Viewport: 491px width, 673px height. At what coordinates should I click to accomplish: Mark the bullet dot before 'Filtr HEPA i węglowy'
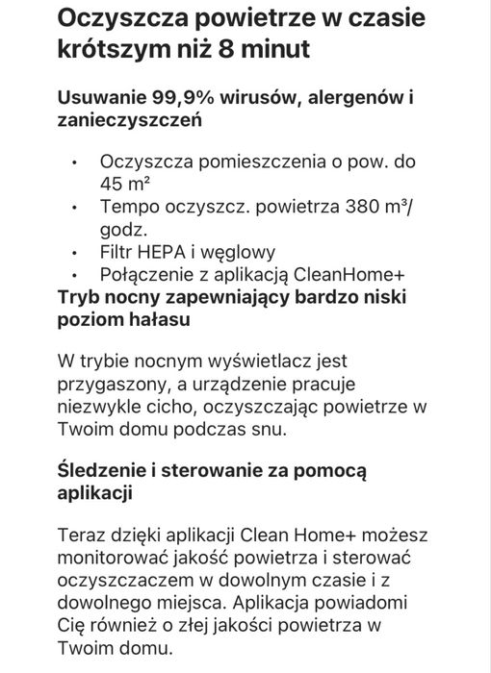point(73,252)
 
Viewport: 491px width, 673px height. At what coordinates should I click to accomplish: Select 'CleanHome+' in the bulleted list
point(365,275)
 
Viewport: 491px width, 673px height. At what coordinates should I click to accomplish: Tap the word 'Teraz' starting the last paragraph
point(81,535)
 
